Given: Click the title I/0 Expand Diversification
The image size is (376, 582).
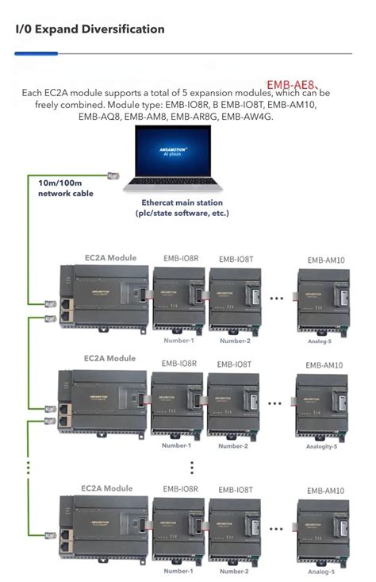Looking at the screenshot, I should pos(90,29).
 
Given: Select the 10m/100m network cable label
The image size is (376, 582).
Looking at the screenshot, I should pos(66,188).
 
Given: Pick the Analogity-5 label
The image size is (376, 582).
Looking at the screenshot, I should pos(322,446).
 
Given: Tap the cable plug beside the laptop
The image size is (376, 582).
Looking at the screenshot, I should pos(113,174).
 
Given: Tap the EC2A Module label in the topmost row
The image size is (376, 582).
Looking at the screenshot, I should pos(110,257).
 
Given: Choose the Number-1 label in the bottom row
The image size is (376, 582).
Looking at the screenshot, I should pos(178,571).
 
